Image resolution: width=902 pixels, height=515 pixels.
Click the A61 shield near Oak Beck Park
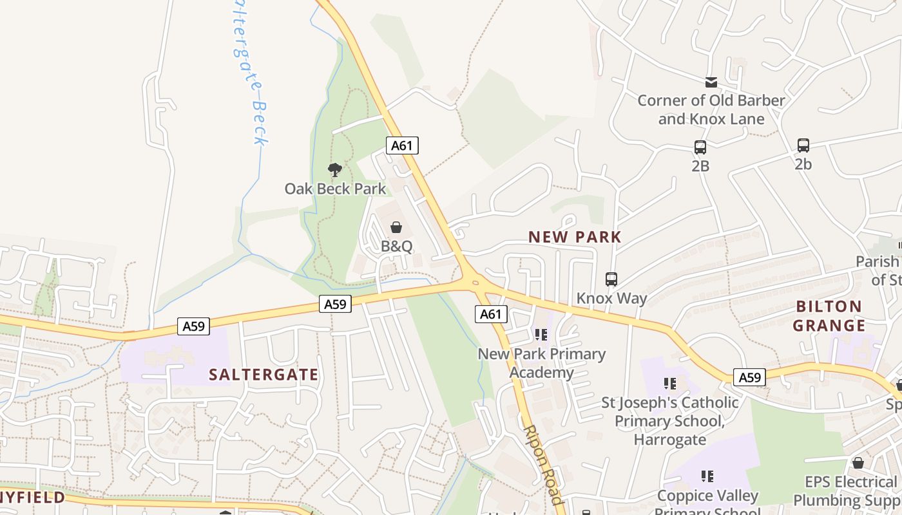402,145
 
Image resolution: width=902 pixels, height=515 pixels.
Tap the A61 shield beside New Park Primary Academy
491,314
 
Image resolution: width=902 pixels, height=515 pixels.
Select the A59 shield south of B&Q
335,304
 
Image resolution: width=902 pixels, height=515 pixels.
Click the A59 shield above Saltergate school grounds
193,326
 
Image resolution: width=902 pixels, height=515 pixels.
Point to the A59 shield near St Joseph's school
750,377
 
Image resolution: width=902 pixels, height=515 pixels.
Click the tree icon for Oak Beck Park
334,170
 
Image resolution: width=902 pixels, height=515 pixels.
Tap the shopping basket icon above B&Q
396,227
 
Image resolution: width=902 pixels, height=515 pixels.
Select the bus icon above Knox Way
611,279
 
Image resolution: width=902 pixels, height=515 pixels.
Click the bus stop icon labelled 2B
700,147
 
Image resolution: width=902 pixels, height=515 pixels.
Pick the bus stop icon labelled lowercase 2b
803,145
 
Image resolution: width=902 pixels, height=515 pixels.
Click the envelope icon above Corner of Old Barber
711,82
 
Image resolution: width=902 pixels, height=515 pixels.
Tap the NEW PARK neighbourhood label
575,237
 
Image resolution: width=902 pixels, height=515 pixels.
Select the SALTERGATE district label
264,375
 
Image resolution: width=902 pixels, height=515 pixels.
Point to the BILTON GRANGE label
829,315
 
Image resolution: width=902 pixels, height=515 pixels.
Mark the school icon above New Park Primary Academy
541,335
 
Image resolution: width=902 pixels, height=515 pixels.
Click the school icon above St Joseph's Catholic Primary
670,384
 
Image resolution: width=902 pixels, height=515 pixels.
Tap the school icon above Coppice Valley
707,476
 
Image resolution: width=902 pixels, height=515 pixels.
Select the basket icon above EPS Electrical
858,463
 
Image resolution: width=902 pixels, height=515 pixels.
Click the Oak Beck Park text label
336,189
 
